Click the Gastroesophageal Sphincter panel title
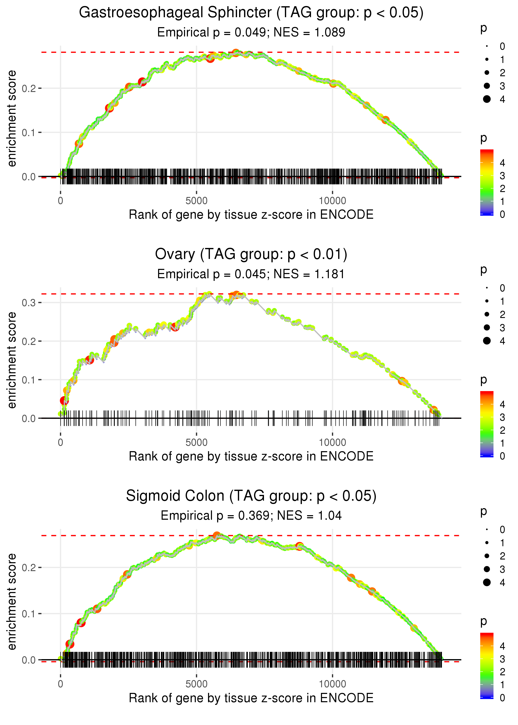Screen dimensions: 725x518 click(x=251, y=13)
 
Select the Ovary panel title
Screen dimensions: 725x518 click(x=251, y=254)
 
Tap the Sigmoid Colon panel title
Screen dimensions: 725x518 click(x=251, y=496)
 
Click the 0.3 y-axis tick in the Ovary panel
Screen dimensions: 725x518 click(x=29, y=303)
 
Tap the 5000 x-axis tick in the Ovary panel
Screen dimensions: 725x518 click(x=196, y=442)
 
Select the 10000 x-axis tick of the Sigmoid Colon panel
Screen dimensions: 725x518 click(x=332, y=684)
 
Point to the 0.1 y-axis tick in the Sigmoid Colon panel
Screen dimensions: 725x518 click(x=29, y=614)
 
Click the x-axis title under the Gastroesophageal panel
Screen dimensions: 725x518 click(x=251, y=215)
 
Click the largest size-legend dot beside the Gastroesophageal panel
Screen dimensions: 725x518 click(x=487, y=99)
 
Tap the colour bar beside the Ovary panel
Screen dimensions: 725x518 click(x=487, y=424)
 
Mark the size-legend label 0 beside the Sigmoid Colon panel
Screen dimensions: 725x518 click(x=502, y=530)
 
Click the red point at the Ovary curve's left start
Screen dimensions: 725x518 click(x=64, y=400)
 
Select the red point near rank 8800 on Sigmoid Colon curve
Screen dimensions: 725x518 click(x=299, y=546)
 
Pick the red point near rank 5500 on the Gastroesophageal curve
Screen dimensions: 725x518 click(x=210, y=58)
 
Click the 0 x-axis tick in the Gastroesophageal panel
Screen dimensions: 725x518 click(x=61, y=201)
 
